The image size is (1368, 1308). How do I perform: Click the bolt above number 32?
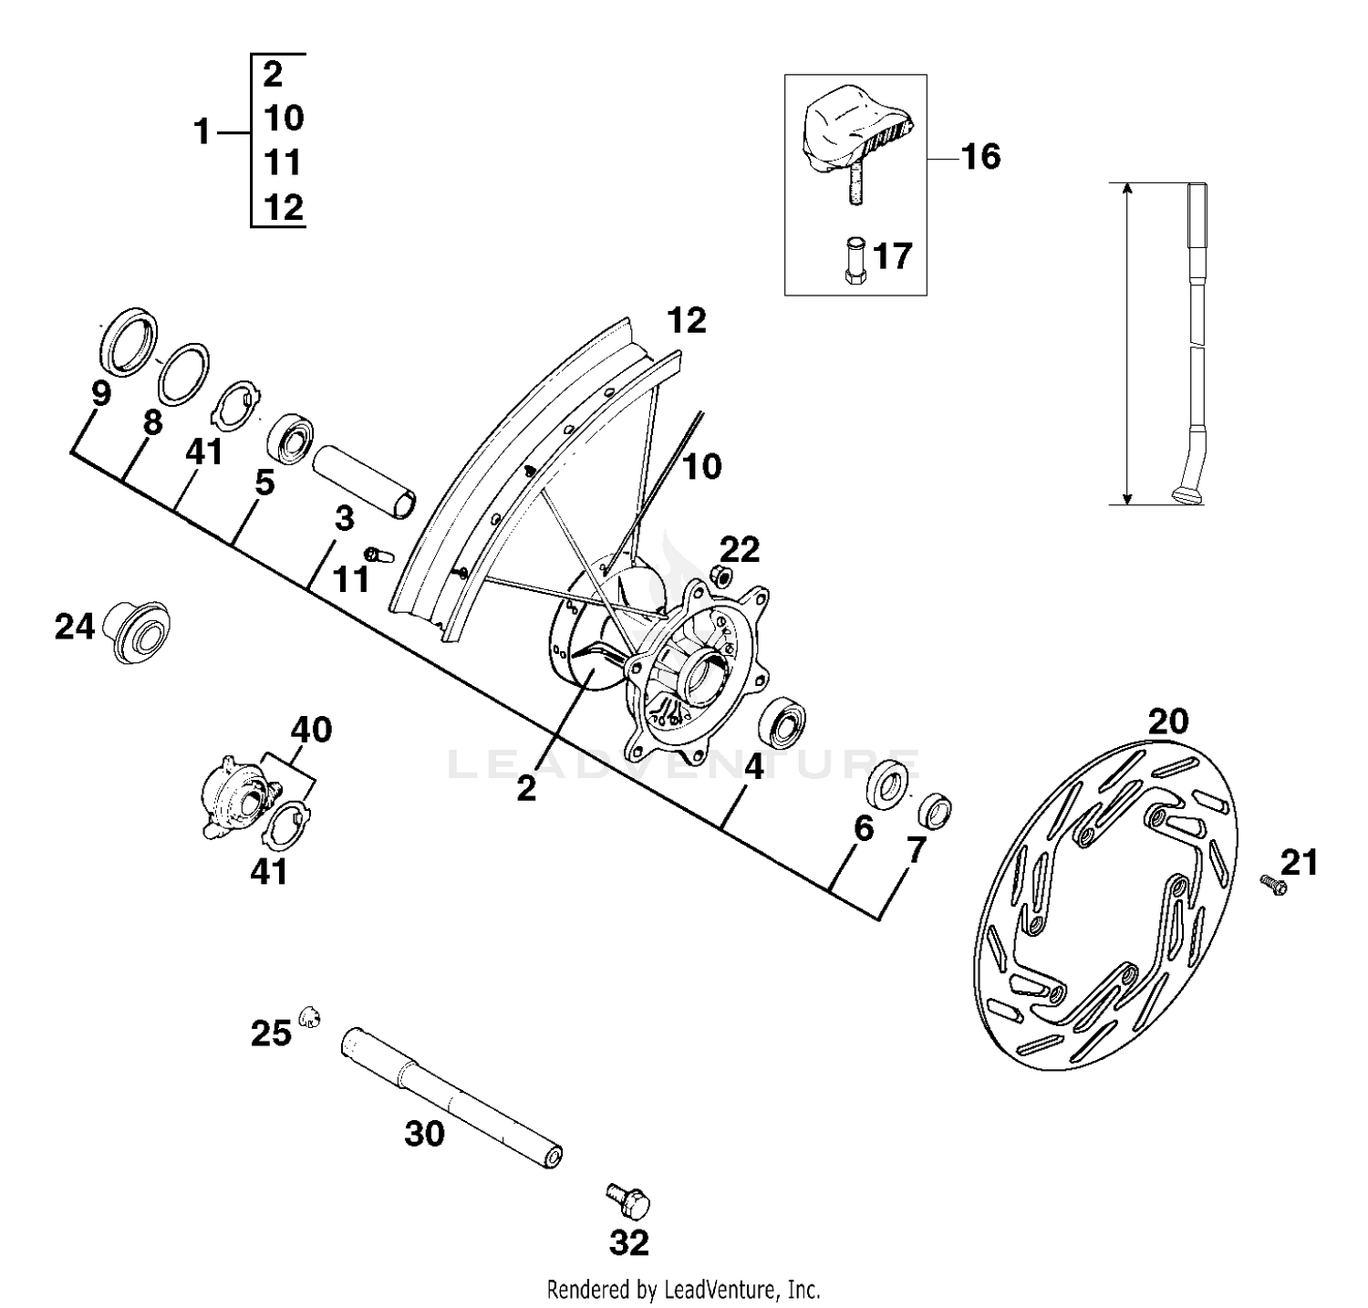pyautogui.click(x=628, y=1199)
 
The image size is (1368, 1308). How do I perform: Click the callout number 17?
pyautogui.click(x=892, y=255)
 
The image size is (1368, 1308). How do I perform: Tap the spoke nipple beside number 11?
pyautogui.click(x=377, y=554)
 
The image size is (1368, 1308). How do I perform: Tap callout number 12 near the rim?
pyautogui.click(x=686, y=321)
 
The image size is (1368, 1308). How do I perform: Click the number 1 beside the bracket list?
pyautogui.click(x=202, y=133)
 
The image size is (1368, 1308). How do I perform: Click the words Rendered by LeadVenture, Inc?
pyautogui.click(x=683, y=1290)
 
